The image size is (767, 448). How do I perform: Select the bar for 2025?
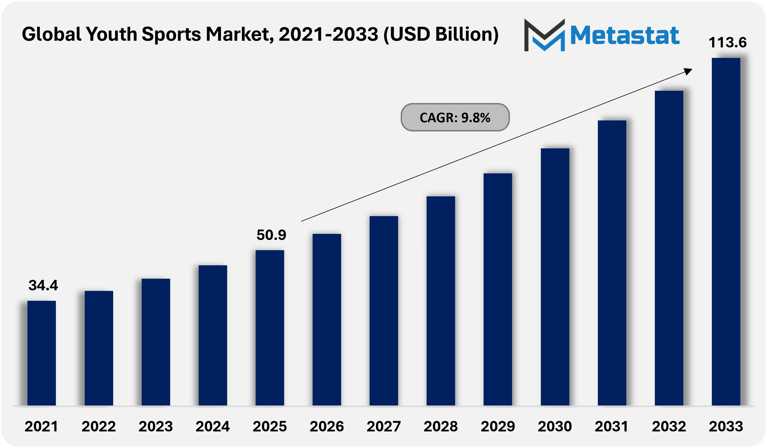point(270,327)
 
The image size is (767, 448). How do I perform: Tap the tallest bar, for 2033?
point(726,232)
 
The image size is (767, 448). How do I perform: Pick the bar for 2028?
point(441,301)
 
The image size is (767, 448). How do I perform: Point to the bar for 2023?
point(156,342)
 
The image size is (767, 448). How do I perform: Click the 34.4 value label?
point(43,285)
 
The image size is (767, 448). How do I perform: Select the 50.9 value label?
point(271,235)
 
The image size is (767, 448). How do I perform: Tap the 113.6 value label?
point(727,42)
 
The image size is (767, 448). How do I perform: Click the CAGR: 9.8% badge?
point(455,117)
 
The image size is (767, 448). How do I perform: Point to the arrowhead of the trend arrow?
point(688,71)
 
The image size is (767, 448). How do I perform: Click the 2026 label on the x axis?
point(327,426)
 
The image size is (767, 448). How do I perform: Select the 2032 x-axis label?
point(669,426)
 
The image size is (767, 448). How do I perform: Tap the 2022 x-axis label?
point(99,426)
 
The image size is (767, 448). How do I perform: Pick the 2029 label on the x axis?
point(498,426)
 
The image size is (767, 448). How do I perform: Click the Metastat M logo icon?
point(545,35)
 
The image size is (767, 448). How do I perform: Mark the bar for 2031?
point(612,262)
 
